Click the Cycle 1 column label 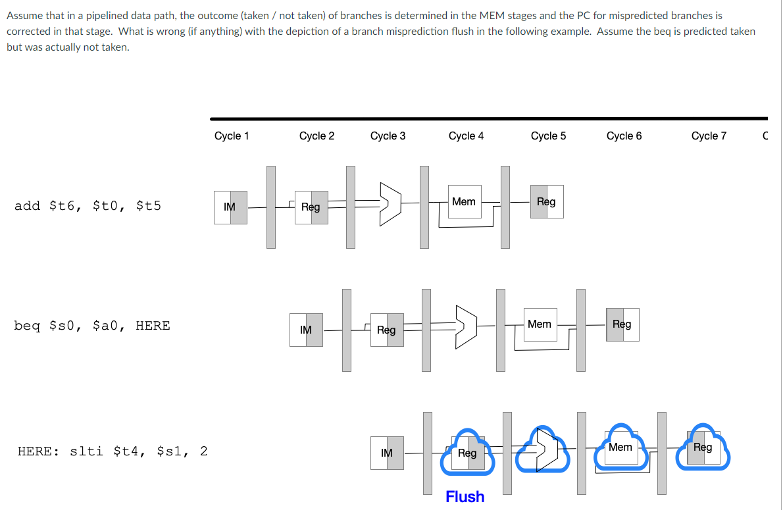(x=232, y=136)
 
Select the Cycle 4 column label (x=466, y=136)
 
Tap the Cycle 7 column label (x=709, y=136)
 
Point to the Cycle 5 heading (x=548, y=136)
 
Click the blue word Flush (x=465, y=497)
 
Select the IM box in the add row (x=230, y=207)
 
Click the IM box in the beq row (x=306, y=330)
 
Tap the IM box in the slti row (x=387, y=453)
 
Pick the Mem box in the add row (x=464, y=202)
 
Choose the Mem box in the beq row (x=540, y=324)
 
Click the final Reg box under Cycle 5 (x=546, y=202)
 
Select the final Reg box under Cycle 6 (x=622, y=324)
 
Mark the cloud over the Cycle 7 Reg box (x=703, y=447)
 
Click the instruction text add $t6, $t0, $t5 (x=88, y=206)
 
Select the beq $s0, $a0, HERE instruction (x=92, y=326)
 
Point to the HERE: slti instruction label (x=112, y=451)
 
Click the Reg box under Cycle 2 (x=311, y=207)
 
